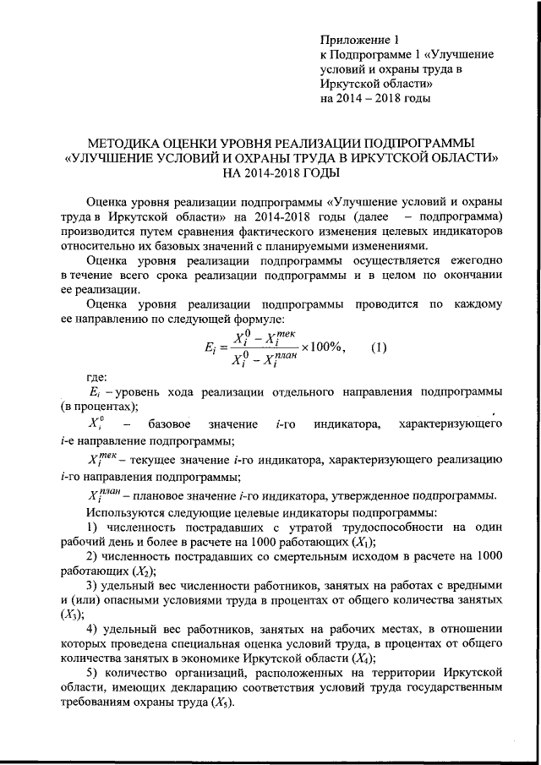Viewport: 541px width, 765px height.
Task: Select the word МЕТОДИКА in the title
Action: click(124, 143)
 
